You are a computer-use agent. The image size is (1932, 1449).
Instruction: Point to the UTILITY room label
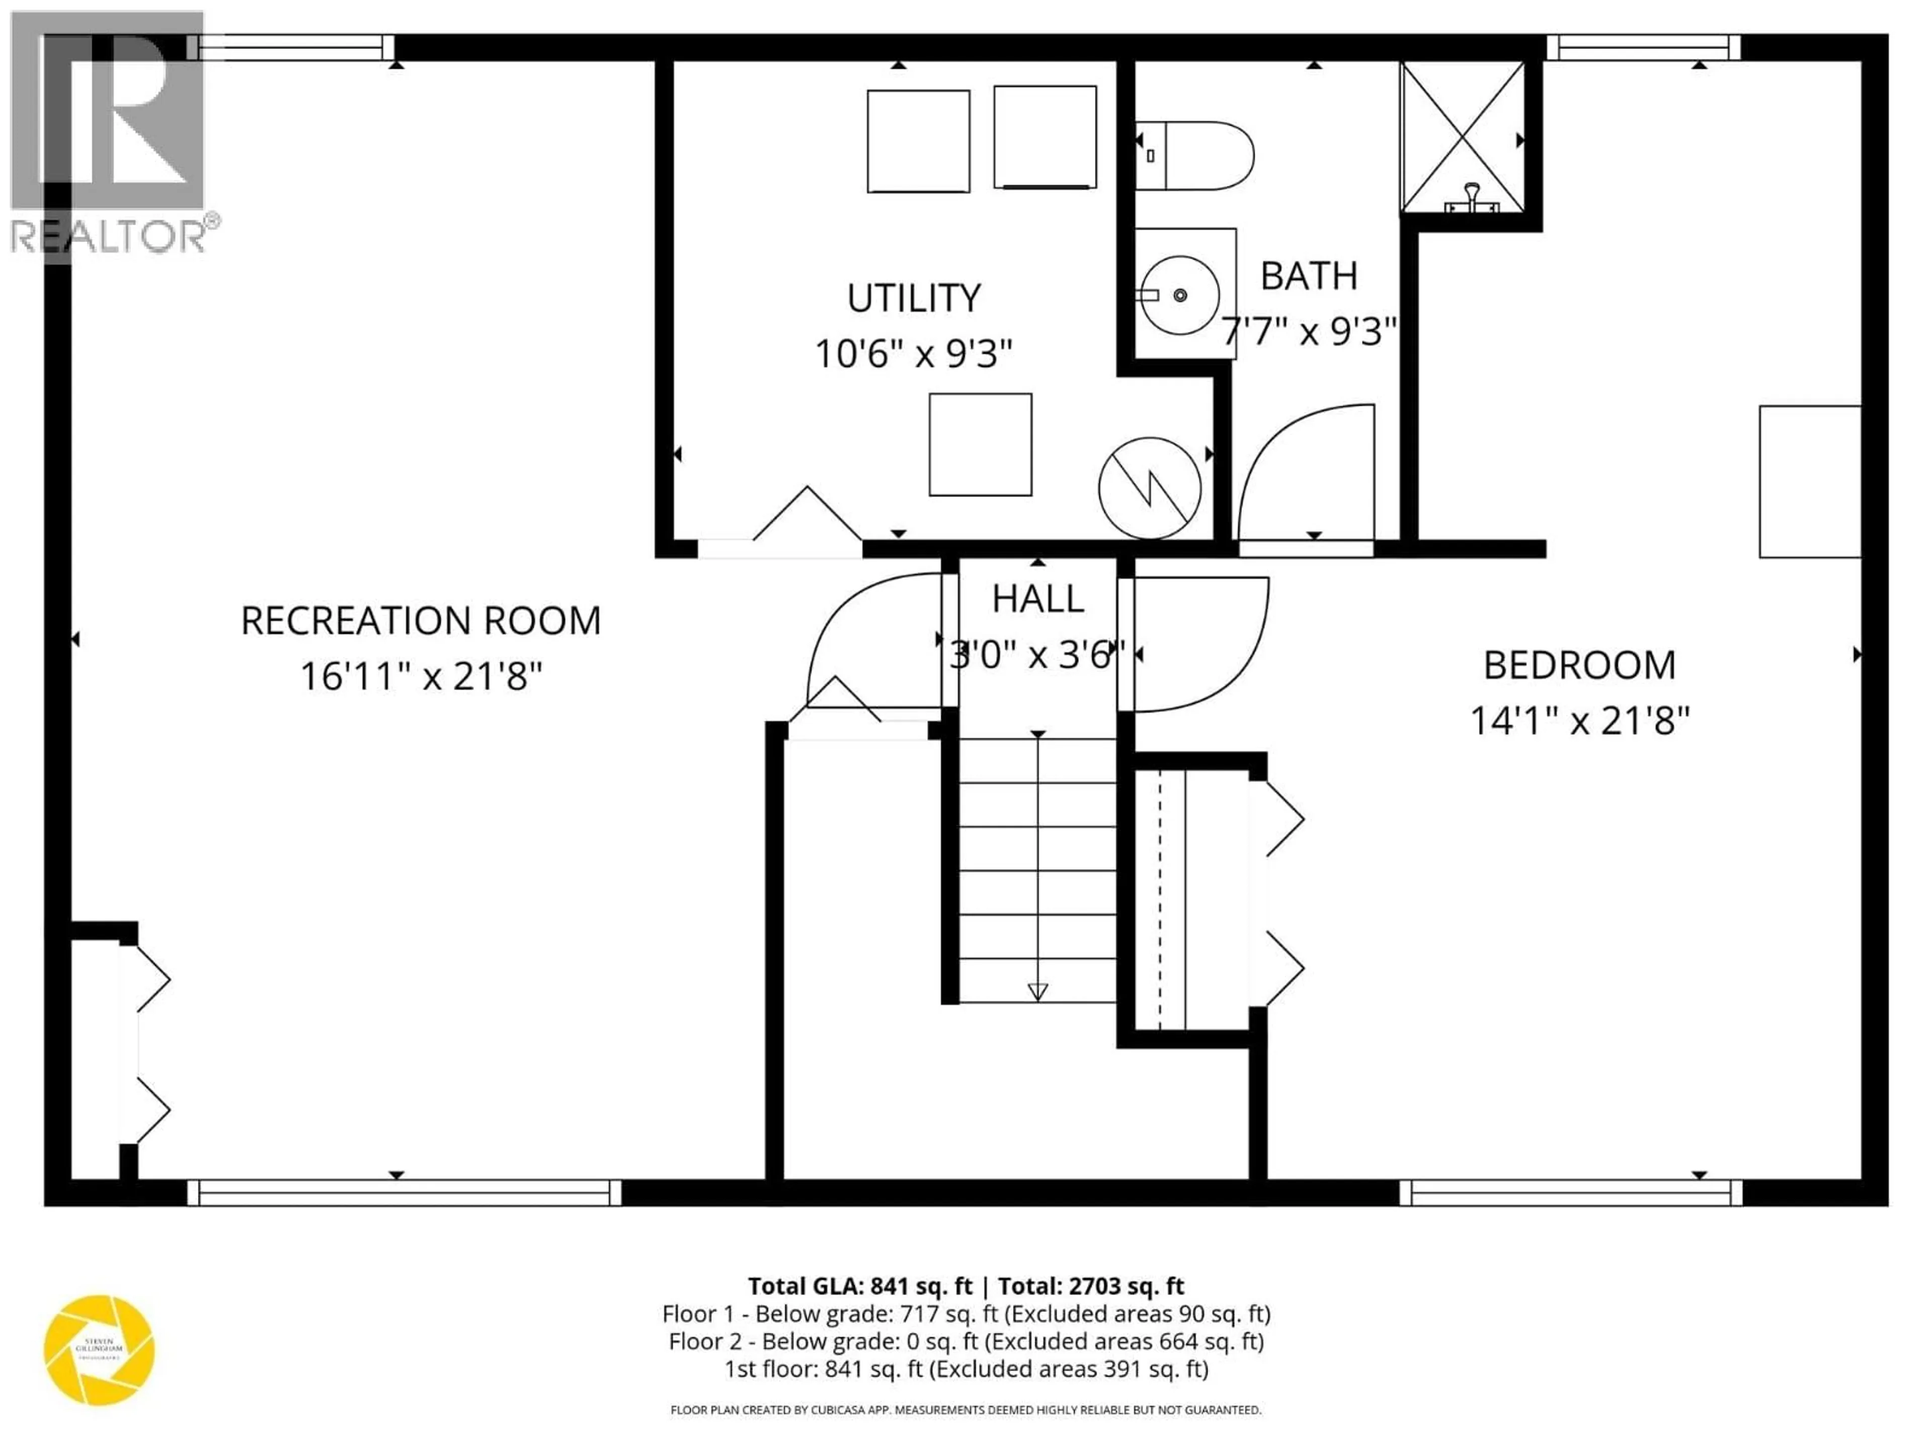pyautogui.click(x=914, y=298)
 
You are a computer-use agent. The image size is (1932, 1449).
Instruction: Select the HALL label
pyautogui.click(x=1037, y=599)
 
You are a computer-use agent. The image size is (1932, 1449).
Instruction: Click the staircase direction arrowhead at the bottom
pyautogui.click(x=1037, y=991)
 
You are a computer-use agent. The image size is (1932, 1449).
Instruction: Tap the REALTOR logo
pyautogui.click(x=109, y=131)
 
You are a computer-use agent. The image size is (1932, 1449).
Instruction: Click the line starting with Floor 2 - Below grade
pyautogui.click(x=966, y=1341)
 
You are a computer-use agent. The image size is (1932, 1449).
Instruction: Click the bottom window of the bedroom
pyautogui.click(x=1570, y=1192)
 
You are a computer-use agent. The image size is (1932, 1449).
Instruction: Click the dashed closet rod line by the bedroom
pyautogui.click(x=1160, y=900)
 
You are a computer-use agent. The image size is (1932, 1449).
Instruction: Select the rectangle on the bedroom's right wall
pyautogui.click(x=1809, y=481)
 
